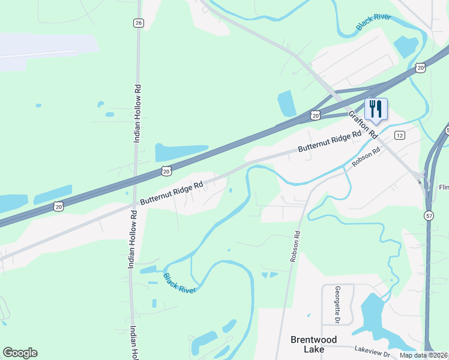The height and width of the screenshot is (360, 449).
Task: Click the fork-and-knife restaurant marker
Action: click(x=376, y=109)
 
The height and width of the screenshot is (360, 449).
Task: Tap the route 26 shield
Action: click(x=139, y=23)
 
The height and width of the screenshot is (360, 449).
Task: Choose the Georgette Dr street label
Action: click(x=337, y=304)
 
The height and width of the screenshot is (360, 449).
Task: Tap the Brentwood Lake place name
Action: click(x=307, y=344)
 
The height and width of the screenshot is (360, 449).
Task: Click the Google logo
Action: click(x=20, y=353)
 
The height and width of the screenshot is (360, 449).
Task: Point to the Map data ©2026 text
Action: click(x=424, y=355)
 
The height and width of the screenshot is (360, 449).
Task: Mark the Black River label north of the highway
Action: click(x=373, y=22)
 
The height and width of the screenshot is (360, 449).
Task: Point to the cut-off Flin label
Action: click(x=444, y=187)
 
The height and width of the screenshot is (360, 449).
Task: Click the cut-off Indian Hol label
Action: click(x=134, y=343)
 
